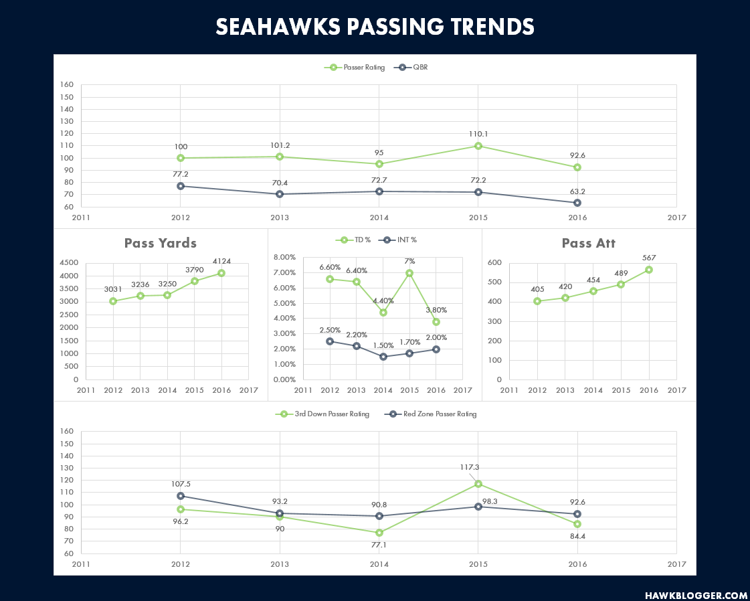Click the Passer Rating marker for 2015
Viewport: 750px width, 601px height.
(478, 146)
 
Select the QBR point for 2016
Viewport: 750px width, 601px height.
(577, 203)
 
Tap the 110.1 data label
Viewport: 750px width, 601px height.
(478, 135)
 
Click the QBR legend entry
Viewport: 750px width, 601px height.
(411, 68)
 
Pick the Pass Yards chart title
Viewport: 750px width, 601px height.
(160, 243)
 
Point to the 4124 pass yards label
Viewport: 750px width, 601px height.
(221, 261)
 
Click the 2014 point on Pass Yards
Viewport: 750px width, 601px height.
(167, 295)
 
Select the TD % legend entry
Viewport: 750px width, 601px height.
(353, 240)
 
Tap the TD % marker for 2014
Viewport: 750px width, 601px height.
(383, 313)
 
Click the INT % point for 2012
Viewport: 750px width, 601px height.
(330, 341)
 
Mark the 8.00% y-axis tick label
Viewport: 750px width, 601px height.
(284, 258)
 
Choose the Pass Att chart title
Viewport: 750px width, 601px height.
(588, 243)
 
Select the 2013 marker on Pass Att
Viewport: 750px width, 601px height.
(565, 298)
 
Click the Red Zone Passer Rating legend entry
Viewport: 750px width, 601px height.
(431, 414)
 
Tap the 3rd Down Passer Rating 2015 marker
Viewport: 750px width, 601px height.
(478, 484)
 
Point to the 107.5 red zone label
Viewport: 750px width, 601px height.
(181, 485)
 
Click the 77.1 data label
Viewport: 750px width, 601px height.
(379, 545)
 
